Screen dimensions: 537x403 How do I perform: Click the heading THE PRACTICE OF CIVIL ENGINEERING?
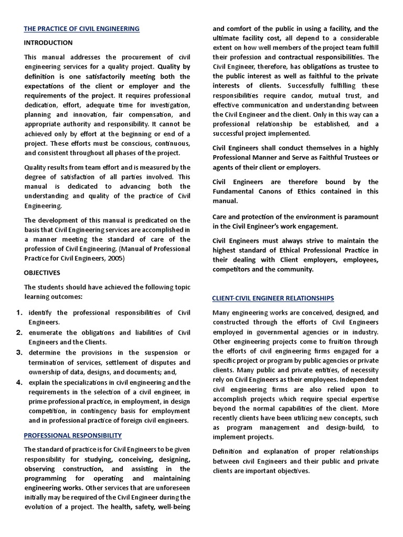coord(81,29)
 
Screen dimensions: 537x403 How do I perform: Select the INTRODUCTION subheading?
coord(48,42)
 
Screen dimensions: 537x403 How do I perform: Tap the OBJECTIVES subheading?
coord(42,273)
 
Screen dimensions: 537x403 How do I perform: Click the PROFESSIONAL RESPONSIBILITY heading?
coord(73,435)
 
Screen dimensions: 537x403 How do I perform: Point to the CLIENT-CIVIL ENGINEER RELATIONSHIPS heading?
coord(273,298)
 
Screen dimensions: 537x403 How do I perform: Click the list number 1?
coord(18,313)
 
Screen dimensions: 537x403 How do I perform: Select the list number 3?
coord(18,352)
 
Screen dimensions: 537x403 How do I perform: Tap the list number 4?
coord(18,382)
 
